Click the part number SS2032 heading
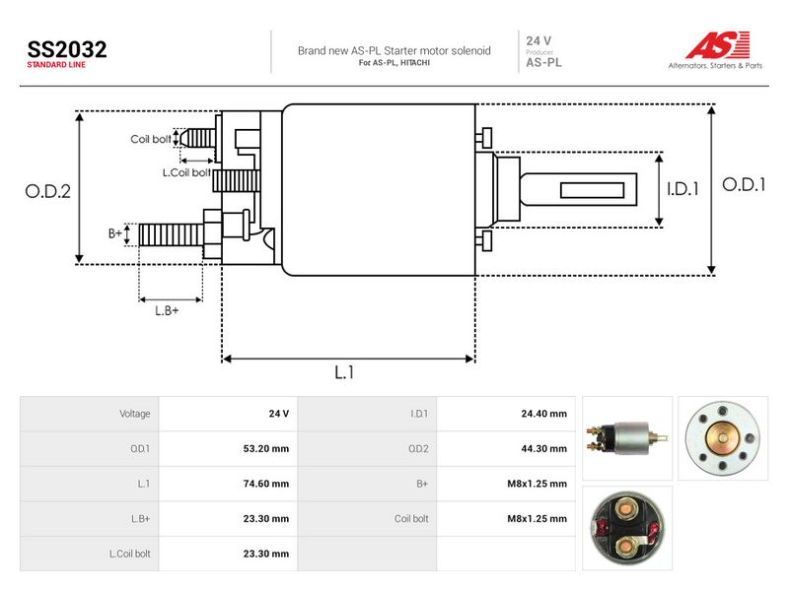tap(67, 49)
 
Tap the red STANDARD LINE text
tap(56, 65)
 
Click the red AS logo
tap(718, 45)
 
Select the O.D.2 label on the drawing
tap(47, 191)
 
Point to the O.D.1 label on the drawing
tap(744, 185)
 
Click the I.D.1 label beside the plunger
tap(682, 189)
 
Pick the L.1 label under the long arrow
tap(344, 372)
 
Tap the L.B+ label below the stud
tap(167, 310)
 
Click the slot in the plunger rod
tap(593, 190)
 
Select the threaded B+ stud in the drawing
tap(171, 234)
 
